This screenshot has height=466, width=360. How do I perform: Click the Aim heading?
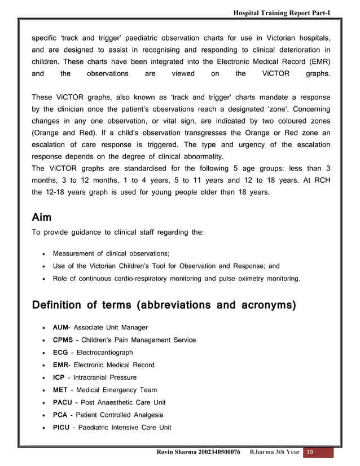coord(43,218)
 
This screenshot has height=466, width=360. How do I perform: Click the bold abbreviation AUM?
coord(60,327)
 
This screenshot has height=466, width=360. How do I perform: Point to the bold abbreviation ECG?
coord(60,352)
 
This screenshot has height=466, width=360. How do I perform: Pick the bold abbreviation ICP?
coord(59,377)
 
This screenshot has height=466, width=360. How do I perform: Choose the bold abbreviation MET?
coord(60,390)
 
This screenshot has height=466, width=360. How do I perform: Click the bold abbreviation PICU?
coord(62,427)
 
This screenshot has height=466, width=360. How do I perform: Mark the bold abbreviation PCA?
coord(60,415)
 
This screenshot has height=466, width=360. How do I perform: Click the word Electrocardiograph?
coord(105,352)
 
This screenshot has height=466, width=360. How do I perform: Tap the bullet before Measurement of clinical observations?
coord(44,254)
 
